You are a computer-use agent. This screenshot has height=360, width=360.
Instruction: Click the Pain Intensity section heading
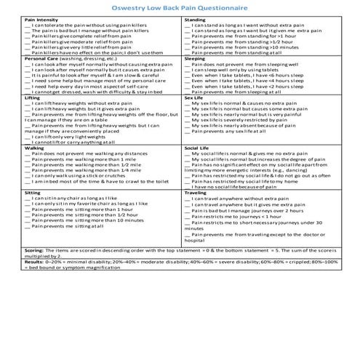pyautogui.click(x=20, y=20)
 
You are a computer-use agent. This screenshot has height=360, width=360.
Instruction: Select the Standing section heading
pyautogui.click(x=195, y=20)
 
